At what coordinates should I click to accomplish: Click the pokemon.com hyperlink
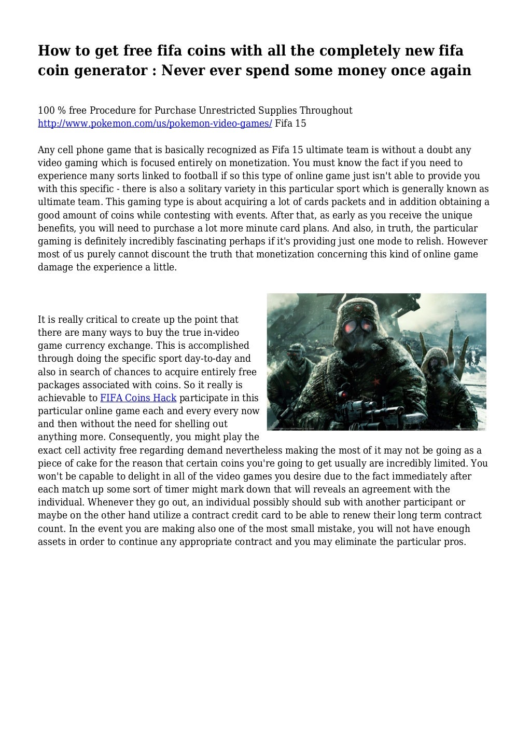(x=155, y=124)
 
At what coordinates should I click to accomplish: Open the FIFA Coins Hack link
(x=138, y=398)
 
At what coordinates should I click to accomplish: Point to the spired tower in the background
(x=456, y=324)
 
